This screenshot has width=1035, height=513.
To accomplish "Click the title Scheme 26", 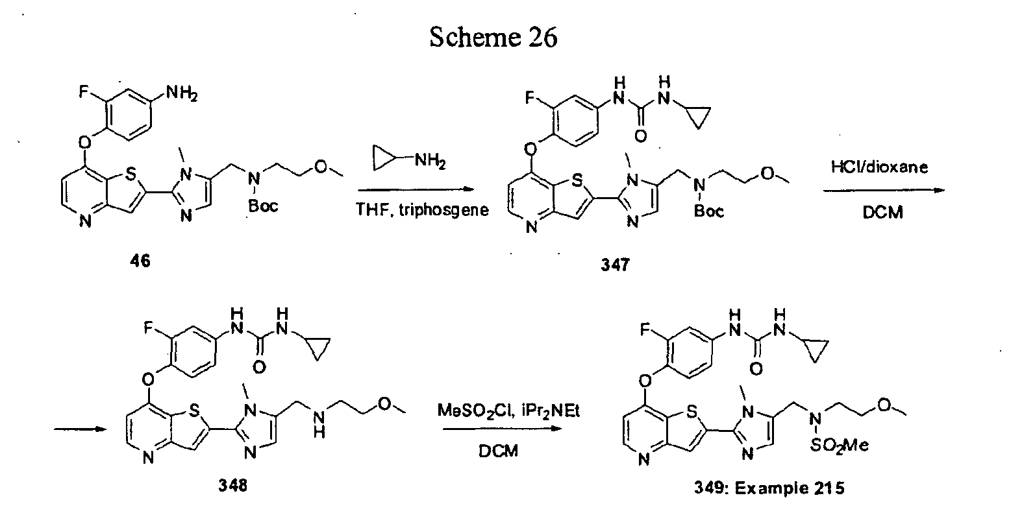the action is pos(493,37).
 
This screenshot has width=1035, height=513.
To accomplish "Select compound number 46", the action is pos(140,261).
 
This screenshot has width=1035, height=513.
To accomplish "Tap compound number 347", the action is pos(615,265).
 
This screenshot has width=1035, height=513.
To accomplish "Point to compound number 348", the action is pos(232,486).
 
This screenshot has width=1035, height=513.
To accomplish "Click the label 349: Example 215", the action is pos(769,488).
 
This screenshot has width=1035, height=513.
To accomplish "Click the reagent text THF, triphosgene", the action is pos(422,210).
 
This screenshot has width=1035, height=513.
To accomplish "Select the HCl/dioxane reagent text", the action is pos(879,167).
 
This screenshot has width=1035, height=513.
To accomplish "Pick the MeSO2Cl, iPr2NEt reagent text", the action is pos(508,411).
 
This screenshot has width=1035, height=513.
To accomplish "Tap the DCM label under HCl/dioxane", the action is pos(882,212).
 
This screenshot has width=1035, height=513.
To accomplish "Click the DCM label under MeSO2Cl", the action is pos(498,451).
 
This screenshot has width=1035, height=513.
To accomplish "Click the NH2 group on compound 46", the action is pos(182,93).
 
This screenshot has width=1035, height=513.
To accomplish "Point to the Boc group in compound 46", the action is pos(263,206).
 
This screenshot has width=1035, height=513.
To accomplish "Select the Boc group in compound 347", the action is pos(708,211).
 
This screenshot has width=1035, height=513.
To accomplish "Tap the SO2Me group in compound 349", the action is pos(839,445).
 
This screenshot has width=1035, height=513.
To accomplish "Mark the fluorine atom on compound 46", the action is pos(83,92).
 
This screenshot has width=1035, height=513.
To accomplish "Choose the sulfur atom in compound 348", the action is pos(195,410).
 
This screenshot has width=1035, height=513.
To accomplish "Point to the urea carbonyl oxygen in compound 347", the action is pos(641,136).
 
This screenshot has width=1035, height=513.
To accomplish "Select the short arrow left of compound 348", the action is pos(80,429).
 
